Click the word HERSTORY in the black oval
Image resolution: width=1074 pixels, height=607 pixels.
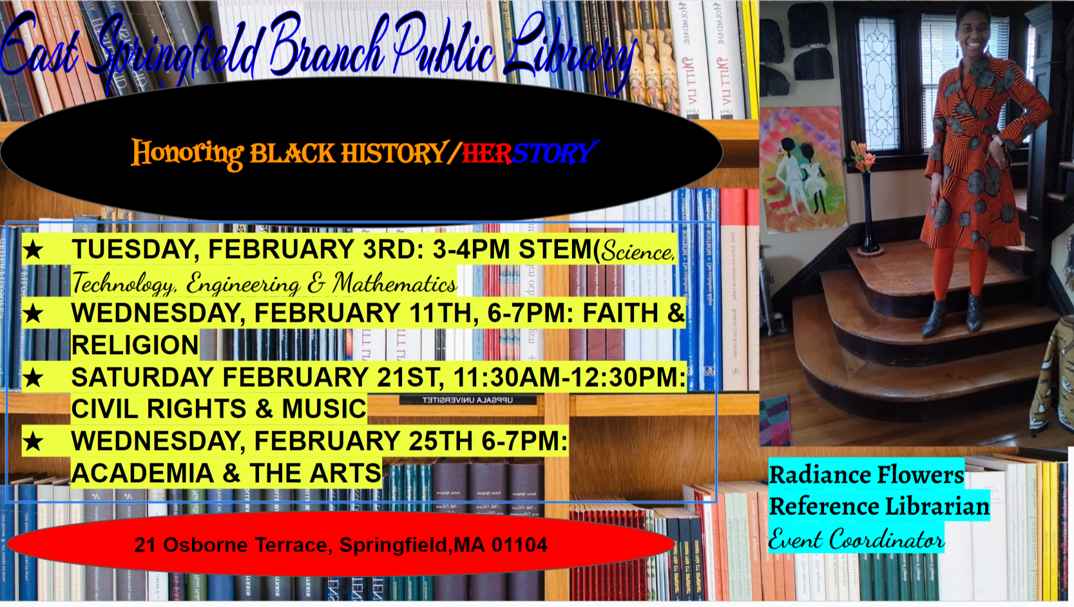coord(528,153)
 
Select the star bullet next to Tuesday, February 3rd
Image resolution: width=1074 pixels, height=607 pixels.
coord(34,250)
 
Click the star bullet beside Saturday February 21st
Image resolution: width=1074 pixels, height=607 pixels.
coord(34,378)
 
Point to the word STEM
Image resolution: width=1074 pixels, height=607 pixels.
coord(555,249)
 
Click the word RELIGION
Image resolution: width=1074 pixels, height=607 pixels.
coord(135,346)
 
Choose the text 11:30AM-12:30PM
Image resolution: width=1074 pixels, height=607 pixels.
coord(570,378)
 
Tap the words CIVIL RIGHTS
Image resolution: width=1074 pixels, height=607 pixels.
coord(158,409)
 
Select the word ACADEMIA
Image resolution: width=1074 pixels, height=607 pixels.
coord(142,474)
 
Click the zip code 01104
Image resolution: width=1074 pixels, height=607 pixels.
coord(519,545)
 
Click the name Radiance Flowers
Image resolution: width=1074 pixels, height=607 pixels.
coord(867,475)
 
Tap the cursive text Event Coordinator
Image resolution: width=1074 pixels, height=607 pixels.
coord(856,539)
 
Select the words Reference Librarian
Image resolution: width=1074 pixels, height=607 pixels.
coord(879,507)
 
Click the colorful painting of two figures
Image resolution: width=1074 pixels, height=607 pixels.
coord(801,169)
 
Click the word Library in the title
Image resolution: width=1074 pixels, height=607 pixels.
coord(567,51)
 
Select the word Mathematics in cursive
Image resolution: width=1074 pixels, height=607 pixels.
coord(394,283)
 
